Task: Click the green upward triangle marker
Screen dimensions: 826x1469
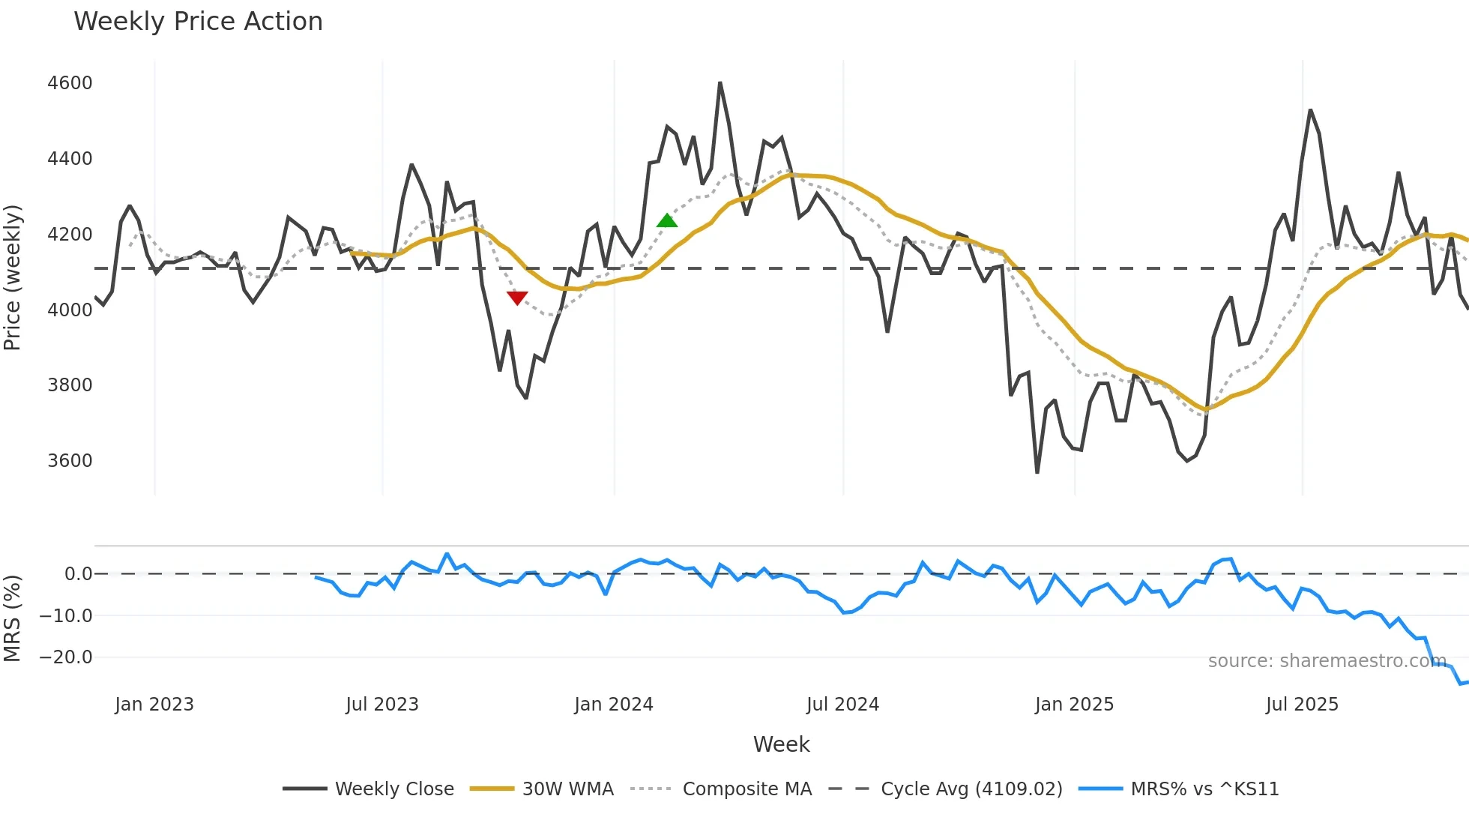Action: coord(667,220)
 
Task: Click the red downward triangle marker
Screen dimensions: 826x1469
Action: coord(517,298)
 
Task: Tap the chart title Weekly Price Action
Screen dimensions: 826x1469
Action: coord(198,22)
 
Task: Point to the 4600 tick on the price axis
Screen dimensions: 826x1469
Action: coord(70,83)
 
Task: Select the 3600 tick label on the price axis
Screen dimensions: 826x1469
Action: coord(70,460)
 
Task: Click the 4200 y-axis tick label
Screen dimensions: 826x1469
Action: coord(70,234)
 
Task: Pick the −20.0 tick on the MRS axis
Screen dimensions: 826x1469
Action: coord(66,657)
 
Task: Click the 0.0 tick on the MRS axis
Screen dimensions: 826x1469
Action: coord(78,574)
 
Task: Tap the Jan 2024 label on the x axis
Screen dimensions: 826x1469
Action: coord(614,705)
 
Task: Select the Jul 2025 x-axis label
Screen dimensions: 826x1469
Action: coord(1302,705)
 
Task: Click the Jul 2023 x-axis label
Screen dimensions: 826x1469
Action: coord(382,705)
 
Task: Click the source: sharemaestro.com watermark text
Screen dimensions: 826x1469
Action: coord(1327,661)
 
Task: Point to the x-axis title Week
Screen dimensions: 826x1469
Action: coord(781,744)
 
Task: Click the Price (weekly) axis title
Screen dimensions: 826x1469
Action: coord(12,277)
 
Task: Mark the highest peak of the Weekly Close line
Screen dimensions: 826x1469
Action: coord(720,83)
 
